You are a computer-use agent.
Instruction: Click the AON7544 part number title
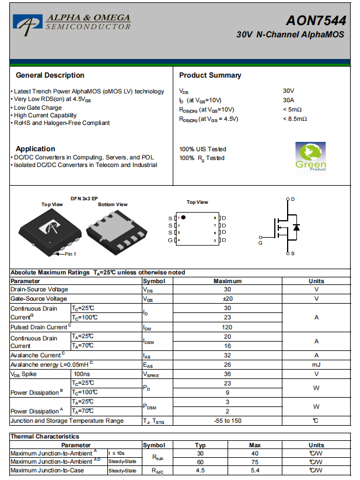click(x=316, y=20)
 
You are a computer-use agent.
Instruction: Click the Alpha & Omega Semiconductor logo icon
click(x=27, y=23)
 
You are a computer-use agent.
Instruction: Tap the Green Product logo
click(x=310, y=156)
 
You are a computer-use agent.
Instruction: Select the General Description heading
click(x=50, y=75)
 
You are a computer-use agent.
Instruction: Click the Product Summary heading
click(x=210, y=75)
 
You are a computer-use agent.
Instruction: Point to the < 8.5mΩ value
click(x=295, y=119)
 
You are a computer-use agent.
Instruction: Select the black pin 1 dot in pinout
click(x=183, y=217)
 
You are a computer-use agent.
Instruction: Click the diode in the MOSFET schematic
click(x=296, y=227)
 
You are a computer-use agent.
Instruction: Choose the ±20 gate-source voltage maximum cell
click(x=228, y=298)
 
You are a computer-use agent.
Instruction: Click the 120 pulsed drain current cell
click(x=228, y=327)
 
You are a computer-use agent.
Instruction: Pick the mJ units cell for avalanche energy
click(x=316, y=364)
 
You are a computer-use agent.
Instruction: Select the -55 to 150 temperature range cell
click(x=228, y=420)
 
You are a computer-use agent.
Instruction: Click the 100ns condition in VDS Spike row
click(x=82, y=374)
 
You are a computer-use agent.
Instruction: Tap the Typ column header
click(x=200, y=445)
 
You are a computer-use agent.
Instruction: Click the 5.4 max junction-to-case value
click(x=254, y=470)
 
